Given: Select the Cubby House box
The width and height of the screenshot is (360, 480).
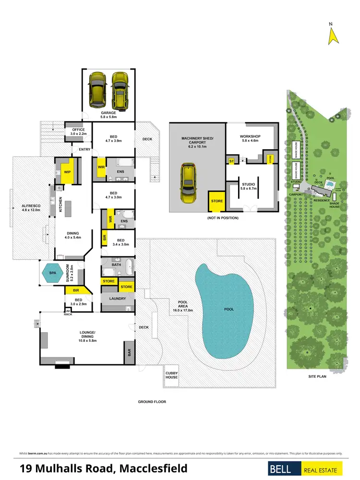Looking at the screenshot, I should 171,375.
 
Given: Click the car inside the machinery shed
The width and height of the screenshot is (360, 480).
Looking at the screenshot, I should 189,183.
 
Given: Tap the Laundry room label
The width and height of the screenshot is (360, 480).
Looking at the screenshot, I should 118,299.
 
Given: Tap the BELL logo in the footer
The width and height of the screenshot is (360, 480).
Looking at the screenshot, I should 284,469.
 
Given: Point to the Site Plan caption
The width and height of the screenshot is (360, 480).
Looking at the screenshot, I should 317,377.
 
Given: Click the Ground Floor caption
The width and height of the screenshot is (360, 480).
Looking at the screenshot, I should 152,402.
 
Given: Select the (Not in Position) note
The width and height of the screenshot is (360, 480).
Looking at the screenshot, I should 223,218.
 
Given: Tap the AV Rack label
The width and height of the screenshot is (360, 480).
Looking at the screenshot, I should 68,312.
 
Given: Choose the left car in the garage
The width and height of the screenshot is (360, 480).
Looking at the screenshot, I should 98,90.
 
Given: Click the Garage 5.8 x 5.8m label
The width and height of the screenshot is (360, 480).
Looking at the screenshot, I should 108,115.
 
